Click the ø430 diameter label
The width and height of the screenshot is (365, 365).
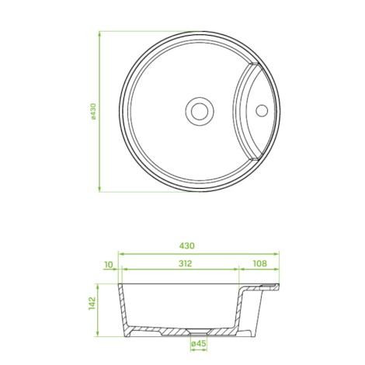[93, 111]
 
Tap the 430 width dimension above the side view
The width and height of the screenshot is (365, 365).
[187, 245]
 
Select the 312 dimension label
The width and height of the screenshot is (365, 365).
[186, 263]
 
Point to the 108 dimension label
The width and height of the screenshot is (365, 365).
[259, 263]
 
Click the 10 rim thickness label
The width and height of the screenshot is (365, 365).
[109, 265]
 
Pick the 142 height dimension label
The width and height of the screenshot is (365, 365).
[92, 303]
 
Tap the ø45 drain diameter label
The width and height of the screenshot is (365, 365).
[199, 343]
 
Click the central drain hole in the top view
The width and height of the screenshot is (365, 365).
[200, 111]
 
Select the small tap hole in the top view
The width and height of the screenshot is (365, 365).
[262, 110]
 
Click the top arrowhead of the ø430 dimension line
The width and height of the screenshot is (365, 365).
[99, 33]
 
